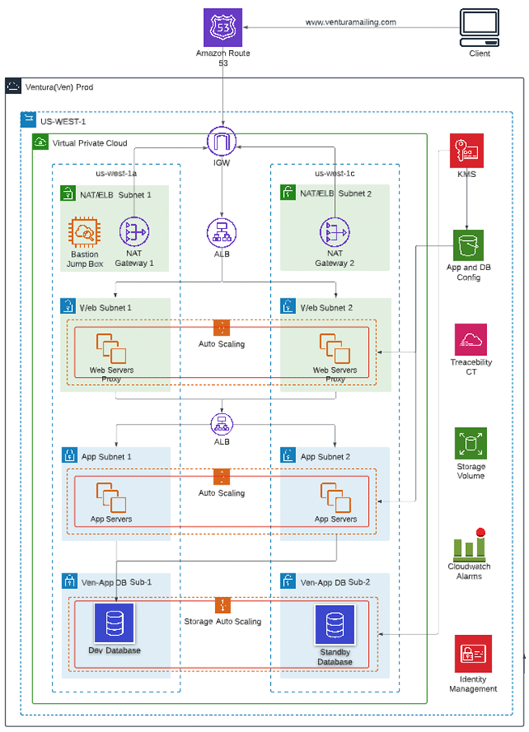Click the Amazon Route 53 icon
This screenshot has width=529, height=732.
click(222, 28)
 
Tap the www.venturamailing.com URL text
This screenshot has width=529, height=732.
click(350, 23)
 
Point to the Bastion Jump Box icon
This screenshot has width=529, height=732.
click(84, 231)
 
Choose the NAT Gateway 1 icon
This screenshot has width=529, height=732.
click(133, 231)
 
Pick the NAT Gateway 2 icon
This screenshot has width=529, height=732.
click(334, 231)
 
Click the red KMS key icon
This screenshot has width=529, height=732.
click(467, 150)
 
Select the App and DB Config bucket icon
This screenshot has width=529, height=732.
click(468, 245)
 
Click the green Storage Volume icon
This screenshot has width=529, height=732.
click(470, 443)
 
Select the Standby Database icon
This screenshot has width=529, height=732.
click(334, 625)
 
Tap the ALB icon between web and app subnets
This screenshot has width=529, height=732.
click(222, 424)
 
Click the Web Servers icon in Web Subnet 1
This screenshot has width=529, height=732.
click(112, 349)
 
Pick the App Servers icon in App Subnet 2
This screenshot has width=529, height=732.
click(335, 497)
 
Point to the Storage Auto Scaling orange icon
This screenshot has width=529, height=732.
click(222, 605)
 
